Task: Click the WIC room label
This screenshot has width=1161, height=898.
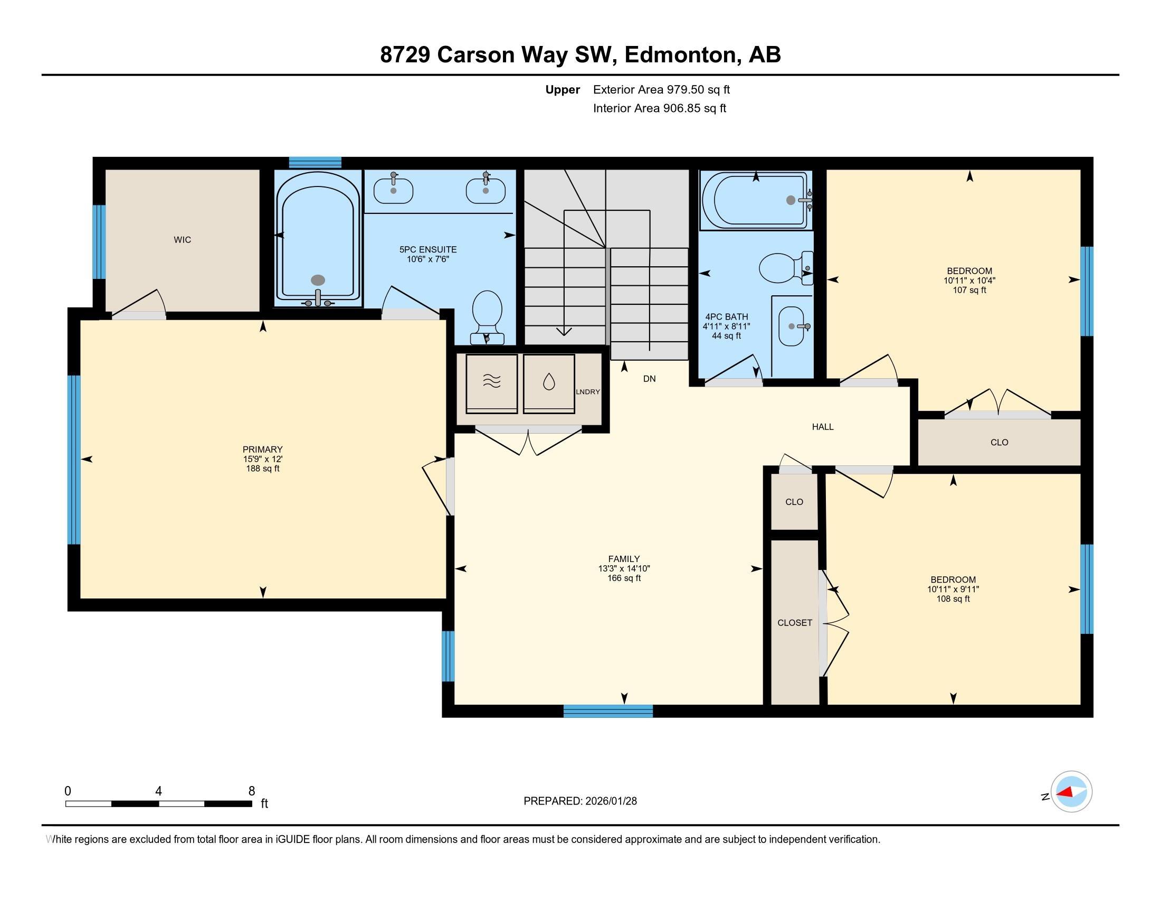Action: coord(183,240)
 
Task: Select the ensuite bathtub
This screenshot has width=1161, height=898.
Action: coord(317,239)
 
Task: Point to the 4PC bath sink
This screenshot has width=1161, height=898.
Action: coord(793,326)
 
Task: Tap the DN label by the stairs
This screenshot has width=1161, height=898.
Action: coord(649,379)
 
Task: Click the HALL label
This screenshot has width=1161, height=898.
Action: coord(822,427)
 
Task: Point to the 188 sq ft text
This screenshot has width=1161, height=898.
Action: coord(263,469)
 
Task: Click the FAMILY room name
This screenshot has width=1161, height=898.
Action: coord(624,558)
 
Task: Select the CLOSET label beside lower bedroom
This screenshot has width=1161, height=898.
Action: coord(795,622)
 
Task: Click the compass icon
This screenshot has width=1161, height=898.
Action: coord(1071,792)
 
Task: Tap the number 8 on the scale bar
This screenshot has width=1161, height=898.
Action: coord(251,791)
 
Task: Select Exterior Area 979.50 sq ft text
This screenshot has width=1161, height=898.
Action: coord(661,89)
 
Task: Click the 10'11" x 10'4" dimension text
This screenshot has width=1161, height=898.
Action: coord(969,280)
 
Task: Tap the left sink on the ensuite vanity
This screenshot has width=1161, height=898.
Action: coord(393,191)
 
